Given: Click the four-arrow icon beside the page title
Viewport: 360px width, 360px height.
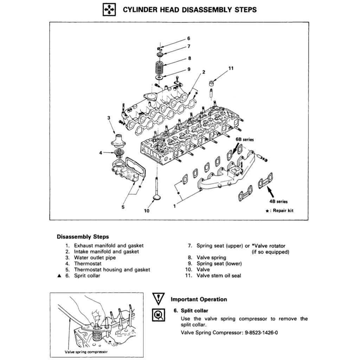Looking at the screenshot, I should click(x=108, y=10).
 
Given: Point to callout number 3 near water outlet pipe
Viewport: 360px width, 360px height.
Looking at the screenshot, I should click(x=109, y=117).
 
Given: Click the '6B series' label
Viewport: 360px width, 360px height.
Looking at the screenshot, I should click(x=244, y=139).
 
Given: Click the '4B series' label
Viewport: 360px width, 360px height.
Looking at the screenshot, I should click(x=278, y=202).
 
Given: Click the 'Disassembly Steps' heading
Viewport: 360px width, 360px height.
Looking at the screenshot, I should click(x=83, y=237).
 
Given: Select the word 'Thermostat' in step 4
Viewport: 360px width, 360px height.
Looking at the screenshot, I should click(x=88, y=263).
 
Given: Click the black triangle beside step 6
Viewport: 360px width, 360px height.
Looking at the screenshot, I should click(x=59, y=276).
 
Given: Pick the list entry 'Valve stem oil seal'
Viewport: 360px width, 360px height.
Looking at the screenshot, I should click(x=219, y=276).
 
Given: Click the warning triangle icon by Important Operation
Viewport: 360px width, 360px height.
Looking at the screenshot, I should click(x=159, y=299).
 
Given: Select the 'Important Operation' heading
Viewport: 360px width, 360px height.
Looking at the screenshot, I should click(x=199, y=300).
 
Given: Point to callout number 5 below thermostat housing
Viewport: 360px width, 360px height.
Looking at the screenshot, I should click(x=123, y=207).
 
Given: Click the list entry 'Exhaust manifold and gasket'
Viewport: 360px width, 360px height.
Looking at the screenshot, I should click(x=109, y=245).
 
